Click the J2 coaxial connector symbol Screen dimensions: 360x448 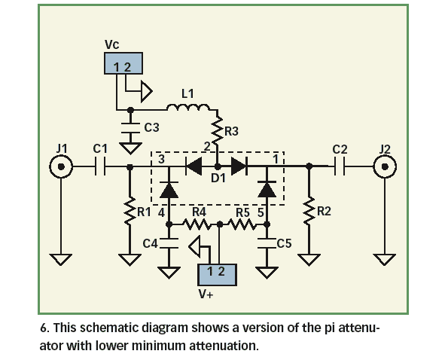pyautogui.click(x=386, y=166)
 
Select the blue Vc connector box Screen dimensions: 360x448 pyautogui.click(x=123, y=64)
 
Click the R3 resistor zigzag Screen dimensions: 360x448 pyautogui.click(x=217, y=129)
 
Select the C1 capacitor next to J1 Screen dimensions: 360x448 pyautogui.click(x=101, y=166)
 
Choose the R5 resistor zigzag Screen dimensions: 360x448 pyautogui.click(x=242, y=224)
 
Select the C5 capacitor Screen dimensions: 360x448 pyautogui.click(x=266, y=243)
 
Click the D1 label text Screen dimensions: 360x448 pyautogui.click(x=218, y=178)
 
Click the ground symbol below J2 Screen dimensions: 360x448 pyautogui.click(x=386, y=260)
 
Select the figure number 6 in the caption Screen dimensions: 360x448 pyautogui.click(x=43, y=330)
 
